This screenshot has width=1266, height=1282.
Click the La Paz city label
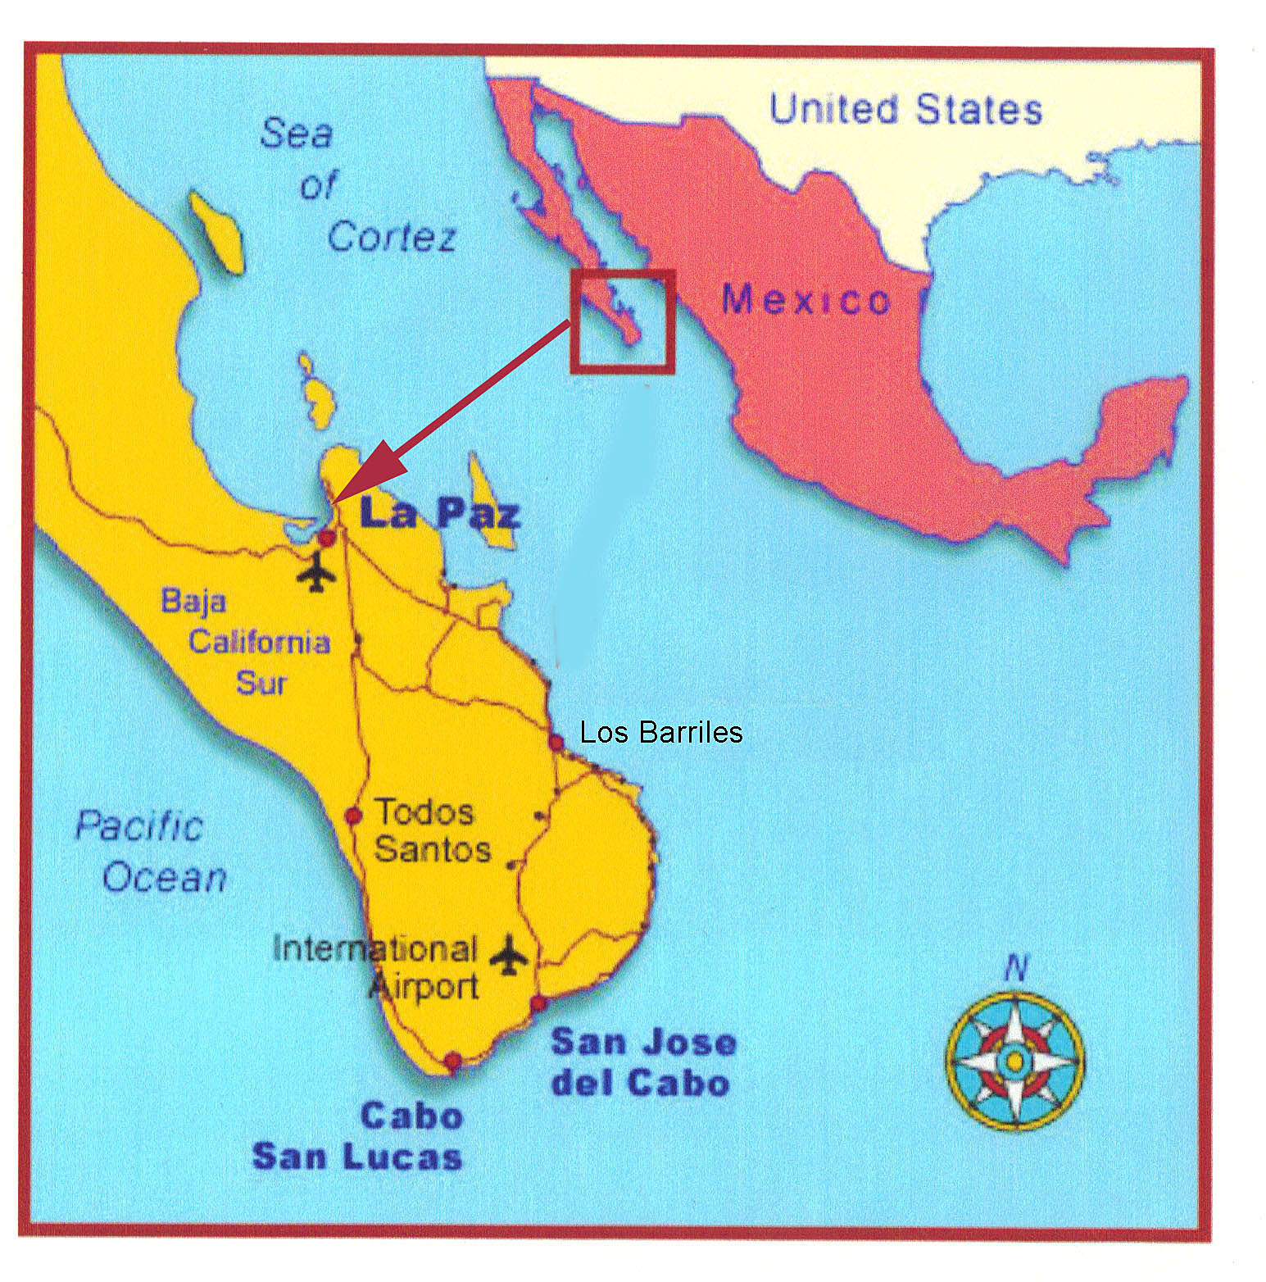pos(440,515)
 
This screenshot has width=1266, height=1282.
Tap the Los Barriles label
pos(660,732)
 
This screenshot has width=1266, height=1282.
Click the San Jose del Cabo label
pos(643,1062)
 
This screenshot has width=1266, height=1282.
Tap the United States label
pos(905,109)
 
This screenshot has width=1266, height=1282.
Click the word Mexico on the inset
pos(805,300)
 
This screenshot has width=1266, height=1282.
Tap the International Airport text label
pos(375,967)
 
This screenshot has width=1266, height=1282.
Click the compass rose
pos(1014,1062)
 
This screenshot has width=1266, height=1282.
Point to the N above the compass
pos(1015,971)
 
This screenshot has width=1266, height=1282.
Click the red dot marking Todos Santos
pos(353,816)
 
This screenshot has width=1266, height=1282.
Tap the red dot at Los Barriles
pos(556,743)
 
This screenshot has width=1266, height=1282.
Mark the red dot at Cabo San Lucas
pos(452,1062)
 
